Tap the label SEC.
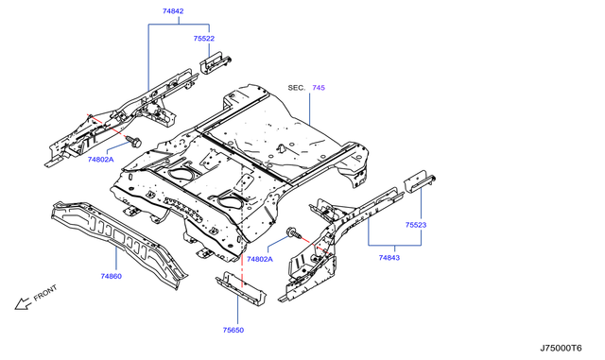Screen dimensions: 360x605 coord(296,88)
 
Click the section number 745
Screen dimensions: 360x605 coord(319,88)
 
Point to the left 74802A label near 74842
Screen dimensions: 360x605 coord(101,161)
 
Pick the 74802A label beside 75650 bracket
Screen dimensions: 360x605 coord(259,258)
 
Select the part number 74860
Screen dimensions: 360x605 coord(112,277)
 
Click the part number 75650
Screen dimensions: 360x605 coord(234,331)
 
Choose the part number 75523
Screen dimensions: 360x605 coord(418,226)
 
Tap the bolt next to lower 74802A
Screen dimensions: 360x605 coord(290,232)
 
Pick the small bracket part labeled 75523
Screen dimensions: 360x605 coord(418,182)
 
